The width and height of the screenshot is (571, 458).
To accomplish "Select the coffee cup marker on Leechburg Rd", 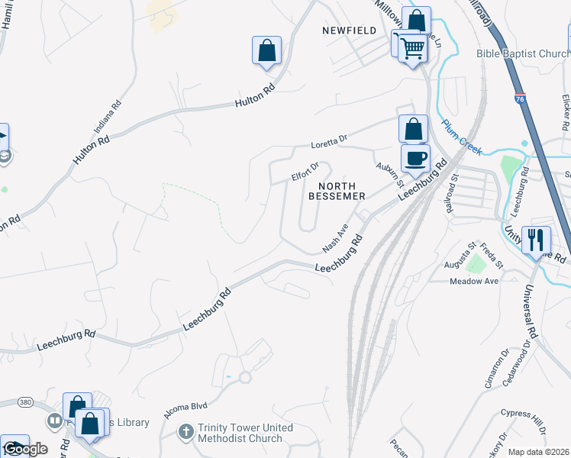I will [415, 159].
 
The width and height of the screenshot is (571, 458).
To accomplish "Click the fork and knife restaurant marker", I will [536, 240].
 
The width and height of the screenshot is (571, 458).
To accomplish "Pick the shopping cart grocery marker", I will [413, 48].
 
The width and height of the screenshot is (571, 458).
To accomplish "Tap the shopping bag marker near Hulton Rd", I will [266, 51].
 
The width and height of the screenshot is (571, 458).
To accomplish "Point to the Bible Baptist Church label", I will [522, 53].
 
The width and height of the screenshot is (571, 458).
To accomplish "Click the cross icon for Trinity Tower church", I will [185, 432].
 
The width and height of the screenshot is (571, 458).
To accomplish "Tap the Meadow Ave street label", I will [473, 281].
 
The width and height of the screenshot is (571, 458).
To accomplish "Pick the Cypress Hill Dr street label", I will [524, 421].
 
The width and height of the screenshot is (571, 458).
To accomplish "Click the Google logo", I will [25, 449].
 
